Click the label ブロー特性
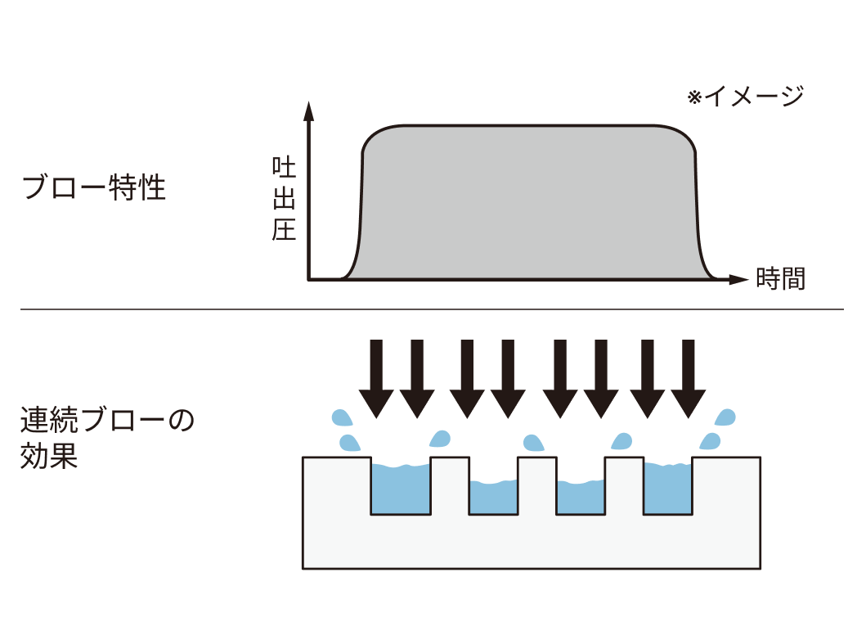tap(94, 189)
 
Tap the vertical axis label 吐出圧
tap(284, 200)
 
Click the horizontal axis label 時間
tap(780, 279)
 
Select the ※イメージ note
tap(745, 97)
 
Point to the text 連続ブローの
tap(107, 422)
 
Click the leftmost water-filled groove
tap(401, 489)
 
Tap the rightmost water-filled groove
tap(668, 489)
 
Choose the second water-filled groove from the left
tap(493, 498)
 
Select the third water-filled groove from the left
tap(581, 498)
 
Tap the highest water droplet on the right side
tap(725, 417)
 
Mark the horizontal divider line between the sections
tap(431, 309)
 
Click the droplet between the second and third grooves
tap(534, 444)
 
